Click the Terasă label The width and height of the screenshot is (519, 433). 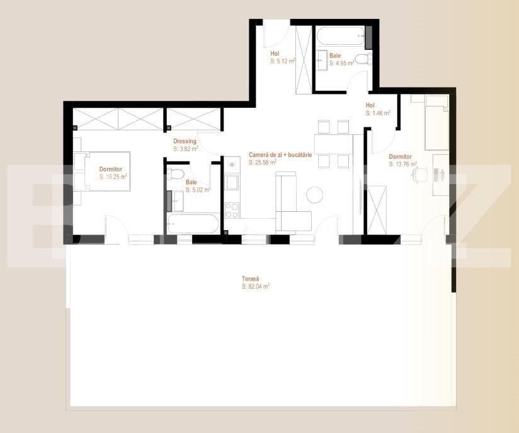(x=250, y=279)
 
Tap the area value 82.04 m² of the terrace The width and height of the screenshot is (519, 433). (x=256, y=286)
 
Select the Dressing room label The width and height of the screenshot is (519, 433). (x=185, y=141)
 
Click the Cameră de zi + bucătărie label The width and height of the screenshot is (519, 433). (x=280, y=154)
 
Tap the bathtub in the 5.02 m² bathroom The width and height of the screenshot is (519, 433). (x=193, y=224)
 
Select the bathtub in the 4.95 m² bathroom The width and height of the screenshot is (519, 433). (x=340, y=36)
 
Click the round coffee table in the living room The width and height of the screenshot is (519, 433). (x=314, y=195)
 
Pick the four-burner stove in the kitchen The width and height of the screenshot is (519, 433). (x=232, y=211)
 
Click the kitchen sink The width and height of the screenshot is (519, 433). (x=231, y=183)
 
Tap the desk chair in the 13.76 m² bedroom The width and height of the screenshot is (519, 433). (x=419, y=175)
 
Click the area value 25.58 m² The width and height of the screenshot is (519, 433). (x=263, y=163)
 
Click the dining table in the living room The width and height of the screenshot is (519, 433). (x=334, y=144)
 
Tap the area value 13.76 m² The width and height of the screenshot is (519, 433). (x=403, y=164)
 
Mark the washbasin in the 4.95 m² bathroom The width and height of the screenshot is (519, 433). (x=322, y=61)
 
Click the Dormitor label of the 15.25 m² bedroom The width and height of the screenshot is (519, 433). (x=111, y=170)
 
